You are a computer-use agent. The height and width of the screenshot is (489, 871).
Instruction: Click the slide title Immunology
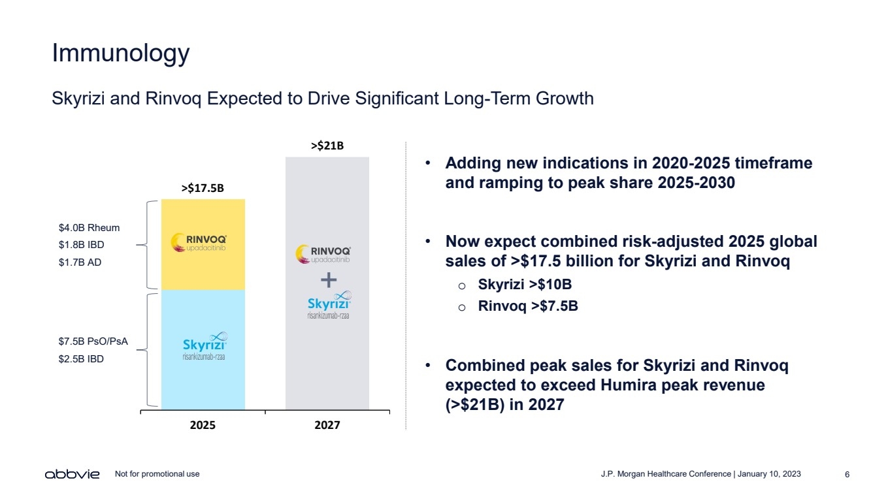click(121, 53)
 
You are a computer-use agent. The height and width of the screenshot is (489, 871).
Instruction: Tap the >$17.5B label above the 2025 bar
click(203, 189)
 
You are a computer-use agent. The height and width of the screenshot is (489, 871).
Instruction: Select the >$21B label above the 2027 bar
click(327, 146)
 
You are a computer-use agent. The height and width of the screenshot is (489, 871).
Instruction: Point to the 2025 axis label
click(203, 425)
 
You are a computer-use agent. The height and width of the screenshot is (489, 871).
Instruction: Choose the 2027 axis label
click(327, 425)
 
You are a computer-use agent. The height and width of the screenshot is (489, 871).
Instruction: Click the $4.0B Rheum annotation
click(90, 228)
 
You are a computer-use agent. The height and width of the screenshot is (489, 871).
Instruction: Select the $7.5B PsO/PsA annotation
click(93, 341)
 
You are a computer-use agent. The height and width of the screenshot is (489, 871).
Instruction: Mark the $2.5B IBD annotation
click(81, 358)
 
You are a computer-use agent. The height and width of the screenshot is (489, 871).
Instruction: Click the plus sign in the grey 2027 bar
click(329, 281)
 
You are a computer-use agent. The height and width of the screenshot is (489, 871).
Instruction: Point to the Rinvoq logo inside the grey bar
click(325, 254)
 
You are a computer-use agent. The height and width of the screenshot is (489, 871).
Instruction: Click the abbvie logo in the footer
click(72, 474)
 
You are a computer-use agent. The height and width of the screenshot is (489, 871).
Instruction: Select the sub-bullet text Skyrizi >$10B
click(525, 285)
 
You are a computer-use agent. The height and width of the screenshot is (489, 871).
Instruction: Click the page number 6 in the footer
click(847, 474)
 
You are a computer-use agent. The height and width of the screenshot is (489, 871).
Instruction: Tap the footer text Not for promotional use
click(157, 474)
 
